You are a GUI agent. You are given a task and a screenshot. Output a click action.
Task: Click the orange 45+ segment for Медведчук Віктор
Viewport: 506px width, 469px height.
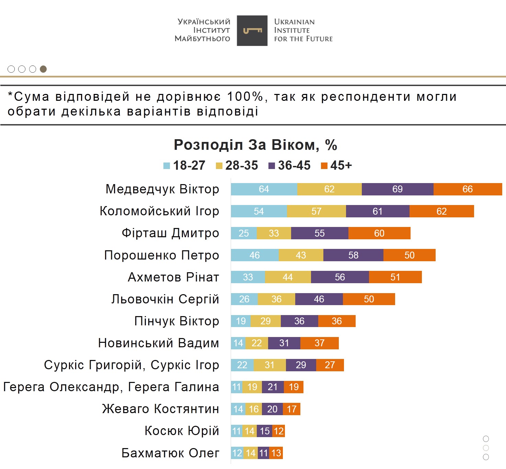click(468, 189)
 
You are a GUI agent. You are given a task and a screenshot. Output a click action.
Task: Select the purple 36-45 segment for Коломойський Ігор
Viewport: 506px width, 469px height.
click(378, 211)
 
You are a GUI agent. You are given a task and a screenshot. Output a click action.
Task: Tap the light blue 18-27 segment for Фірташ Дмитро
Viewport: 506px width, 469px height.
click(244, 233)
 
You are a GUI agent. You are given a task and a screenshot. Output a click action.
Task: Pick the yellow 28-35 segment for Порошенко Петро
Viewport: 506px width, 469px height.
click(301, 255)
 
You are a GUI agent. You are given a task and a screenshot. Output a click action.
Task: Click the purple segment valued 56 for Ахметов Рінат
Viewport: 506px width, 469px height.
click(340, 277)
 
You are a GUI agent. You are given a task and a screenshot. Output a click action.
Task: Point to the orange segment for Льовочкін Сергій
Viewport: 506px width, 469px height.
click(369, 299)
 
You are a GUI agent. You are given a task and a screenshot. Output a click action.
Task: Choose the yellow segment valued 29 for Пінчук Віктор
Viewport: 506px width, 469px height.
click(265, 321)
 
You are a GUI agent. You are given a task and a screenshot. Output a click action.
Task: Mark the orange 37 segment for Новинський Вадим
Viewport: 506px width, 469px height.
click(319, 343)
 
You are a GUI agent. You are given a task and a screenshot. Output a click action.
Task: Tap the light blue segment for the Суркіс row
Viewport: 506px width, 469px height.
click(242, 365)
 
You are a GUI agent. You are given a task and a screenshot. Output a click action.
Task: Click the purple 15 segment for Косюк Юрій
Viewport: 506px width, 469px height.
click(265, 431)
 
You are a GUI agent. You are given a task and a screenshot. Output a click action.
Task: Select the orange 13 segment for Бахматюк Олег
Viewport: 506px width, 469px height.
click(276, 453)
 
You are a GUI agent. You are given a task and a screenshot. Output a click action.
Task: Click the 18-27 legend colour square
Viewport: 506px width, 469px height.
click(167, 166)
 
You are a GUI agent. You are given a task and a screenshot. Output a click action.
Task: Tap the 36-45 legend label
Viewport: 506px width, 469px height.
click(294, 166)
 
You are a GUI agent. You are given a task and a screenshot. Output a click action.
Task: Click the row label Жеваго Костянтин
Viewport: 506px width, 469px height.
click(160, 409)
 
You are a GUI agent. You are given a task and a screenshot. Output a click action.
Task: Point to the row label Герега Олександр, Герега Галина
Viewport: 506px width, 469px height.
click(111, 387)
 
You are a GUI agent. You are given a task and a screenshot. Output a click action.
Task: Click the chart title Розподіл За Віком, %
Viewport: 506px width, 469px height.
click(255, 145)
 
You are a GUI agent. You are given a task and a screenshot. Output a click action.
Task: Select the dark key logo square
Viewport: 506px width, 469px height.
click(252, 31)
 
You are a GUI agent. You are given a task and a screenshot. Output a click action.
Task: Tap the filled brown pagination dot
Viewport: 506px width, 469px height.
click(43, 69)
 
